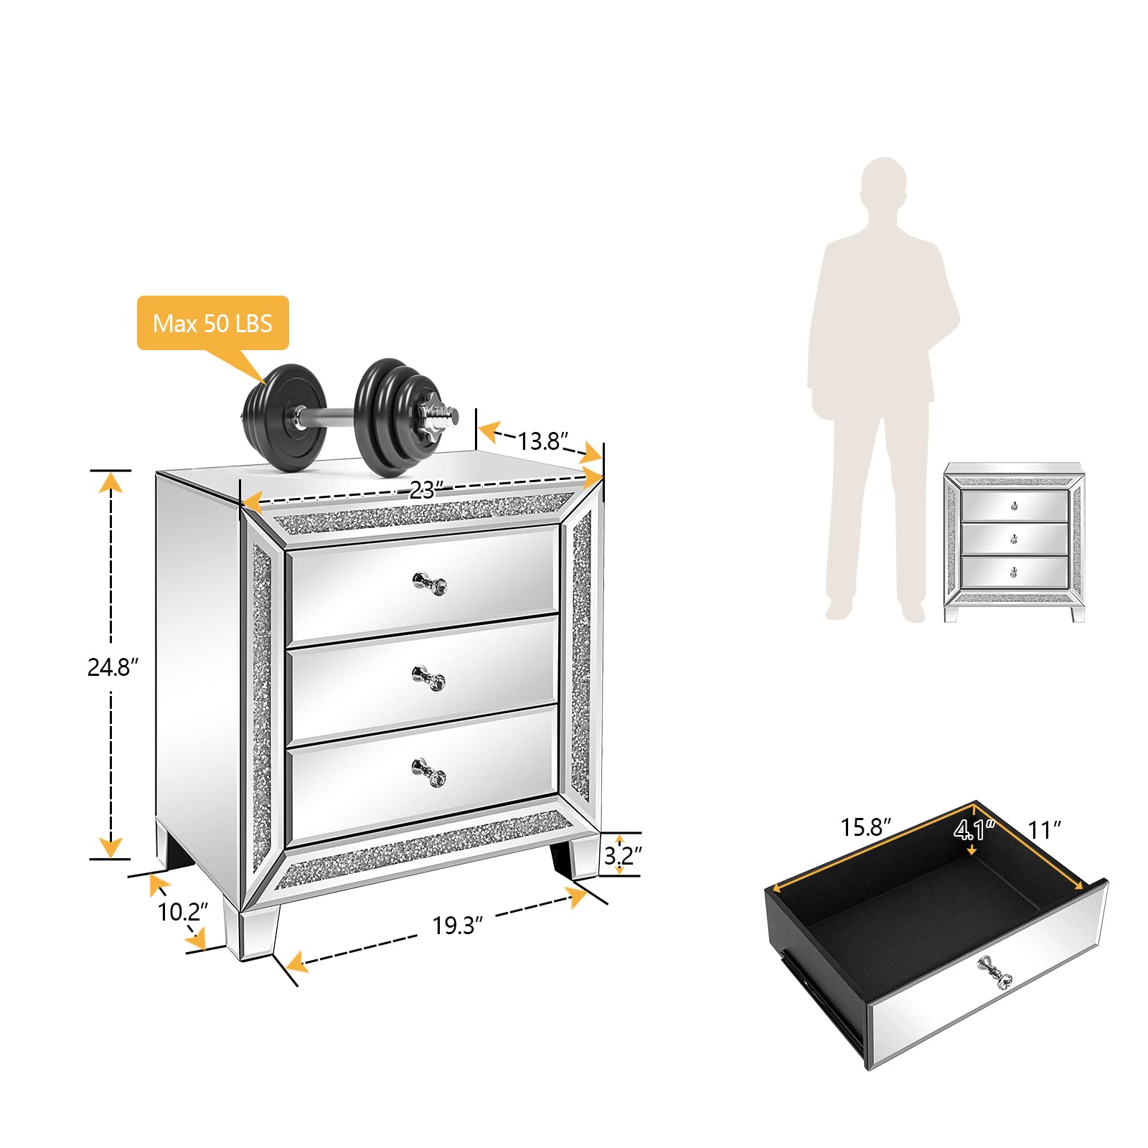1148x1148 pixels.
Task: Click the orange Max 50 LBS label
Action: tap(212, 323)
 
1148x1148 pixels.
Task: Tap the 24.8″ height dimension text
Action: tap(112, 667)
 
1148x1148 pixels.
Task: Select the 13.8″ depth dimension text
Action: tap(543, 441)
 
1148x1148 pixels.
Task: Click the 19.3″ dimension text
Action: tap(457, 926)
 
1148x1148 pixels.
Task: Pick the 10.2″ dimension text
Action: tap(182, 912)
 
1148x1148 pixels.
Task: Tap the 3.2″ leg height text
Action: tap(622, 855)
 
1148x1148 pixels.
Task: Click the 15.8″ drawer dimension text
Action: tap(865, 827)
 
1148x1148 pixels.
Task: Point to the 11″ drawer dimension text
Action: tap(1044, 830)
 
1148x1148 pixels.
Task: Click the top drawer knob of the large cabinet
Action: tap(430, 583)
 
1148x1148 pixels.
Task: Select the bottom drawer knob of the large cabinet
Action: tap(429, 771)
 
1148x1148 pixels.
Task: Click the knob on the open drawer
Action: tap(995, 972)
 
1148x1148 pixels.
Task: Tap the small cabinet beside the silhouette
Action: tap(1014, 542)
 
